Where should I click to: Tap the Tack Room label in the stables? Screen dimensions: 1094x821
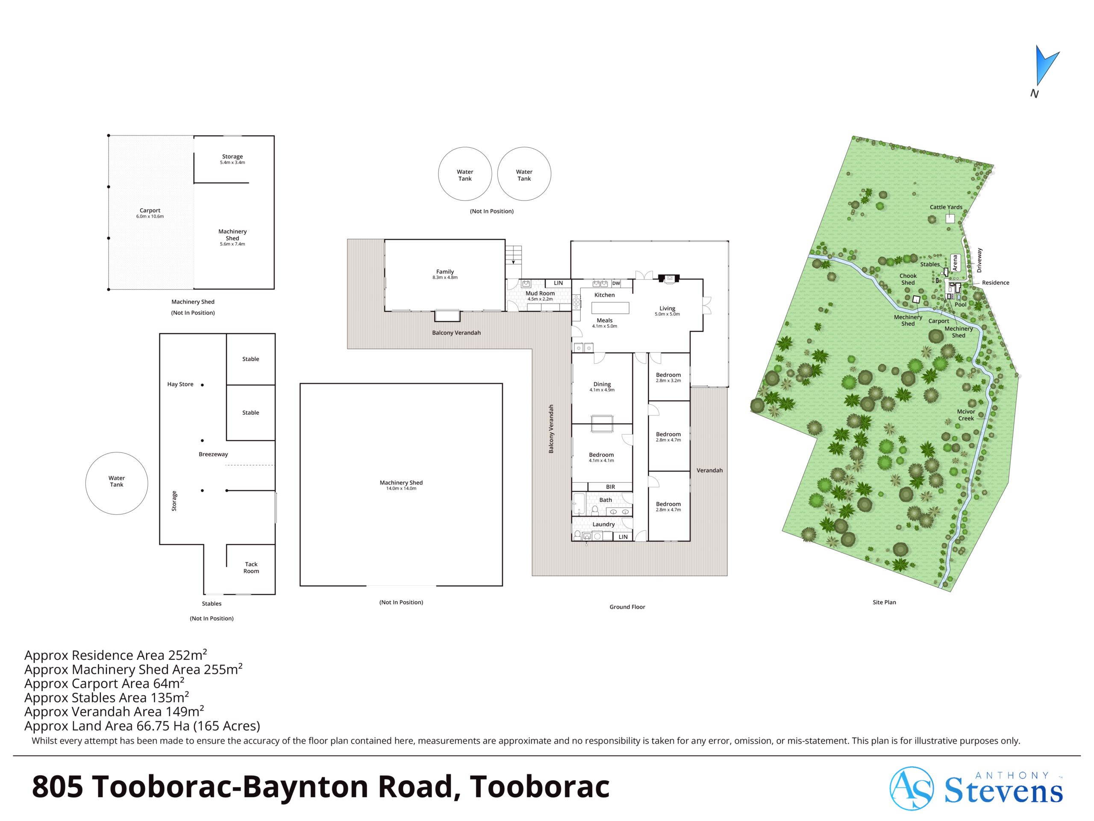click(x=251, y=567)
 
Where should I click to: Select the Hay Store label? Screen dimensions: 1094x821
click(x=180, y=384)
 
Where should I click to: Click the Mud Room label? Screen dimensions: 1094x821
click(x=540, y=293)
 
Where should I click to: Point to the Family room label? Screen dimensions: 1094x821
click(x=445, y=272)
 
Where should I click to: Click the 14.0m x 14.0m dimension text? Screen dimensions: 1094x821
click(x=401, y=488)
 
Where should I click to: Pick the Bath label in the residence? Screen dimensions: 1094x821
click(x=606, y=500)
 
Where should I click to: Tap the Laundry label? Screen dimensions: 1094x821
click(x=603, y=524)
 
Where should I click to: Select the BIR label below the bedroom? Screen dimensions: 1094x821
click(x=611, y=487)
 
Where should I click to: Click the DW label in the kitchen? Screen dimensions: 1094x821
click(x=616, y=284)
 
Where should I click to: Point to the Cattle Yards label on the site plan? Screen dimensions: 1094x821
click(x=946, y=207)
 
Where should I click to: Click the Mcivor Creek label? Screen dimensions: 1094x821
click(x=966, y=415)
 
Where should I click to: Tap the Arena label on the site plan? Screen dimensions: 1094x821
click(x=955, y=262)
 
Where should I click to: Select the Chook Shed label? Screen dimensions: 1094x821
click(x=908, y=279)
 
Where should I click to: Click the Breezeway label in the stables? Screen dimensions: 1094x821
click(x=213, y=454)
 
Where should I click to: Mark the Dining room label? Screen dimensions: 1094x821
click(x=602, y=384)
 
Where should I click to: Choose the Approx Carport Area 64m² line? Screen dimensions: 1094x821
click(x=104, y=683)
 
